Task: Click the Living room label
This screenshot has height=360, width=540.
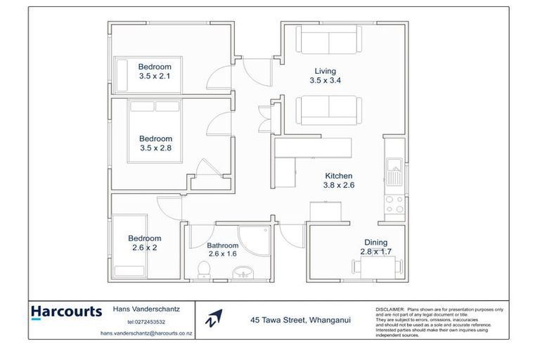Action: [x=326, y=71]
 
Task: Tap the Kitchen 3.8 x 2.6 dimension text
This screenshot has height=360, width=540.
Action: [x=338, y=186]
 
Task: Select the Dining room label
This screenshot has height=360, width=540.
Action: [x=375, y=243]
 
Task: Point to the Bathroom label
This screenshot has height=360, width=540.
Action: [x=223, y=246]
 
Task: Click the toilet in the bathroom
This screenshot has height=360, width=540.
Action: [x=204, y=270]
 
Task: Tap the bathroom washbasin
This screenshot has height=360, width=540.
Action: [x=243, y=271]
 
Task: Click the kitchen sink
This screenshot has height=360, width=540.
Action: [x=394, y=171]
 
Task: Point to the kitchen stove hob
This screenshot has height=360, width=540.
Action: [x=394, y=203]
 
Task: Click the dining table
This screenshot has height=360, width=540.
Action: [x=378, y=266]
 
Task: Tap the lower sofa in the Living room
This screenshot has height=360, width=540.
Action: [x=329, y=110]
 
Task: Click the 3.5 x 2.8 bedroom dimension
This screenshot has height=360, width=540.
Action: [x=155, y=148]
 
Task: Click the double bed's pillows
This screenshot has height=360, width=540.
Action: [x=154, y=108]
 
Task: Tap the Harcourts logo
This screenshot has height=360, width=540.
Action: [x=66, y=312]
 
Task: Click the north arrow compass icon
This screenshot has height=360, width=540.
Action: [x=214, y=319]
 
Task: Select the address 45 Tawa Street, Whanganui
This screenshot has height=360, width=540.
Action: [x=300, y=319]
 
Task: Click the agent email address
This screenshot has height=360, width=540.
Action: [x=146, y=333]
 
